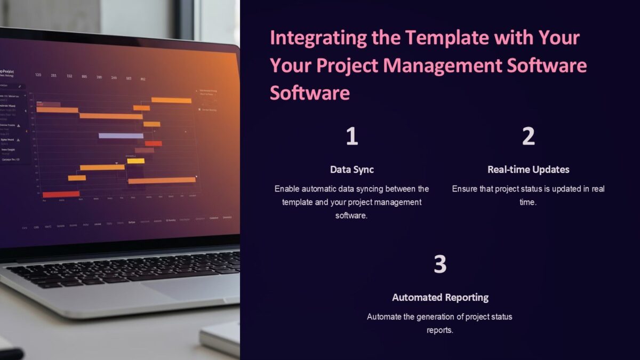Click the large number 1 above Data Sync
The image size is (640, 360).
351,137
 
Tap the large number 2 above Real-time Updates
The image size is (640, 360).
528,137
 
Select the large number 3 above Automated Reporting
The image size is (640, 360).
439,265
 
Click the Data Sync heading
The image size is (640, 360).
351,170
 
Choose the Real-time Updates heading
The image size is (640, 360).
528,170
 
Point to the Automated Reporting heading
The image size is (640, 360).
440,298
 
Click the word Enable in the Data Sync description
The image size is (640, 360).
287,189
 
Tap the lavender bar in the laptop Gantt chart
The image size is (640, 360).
121,136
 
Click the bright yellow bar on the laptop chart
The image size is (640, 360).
135,161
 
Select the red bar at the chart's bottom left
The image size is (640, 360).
60,195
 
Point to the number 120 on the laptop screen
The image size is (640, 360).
38,75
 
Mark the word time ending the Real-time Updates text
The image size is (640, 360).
527,203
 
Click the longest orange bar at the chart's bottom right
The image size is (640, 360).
162,181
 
